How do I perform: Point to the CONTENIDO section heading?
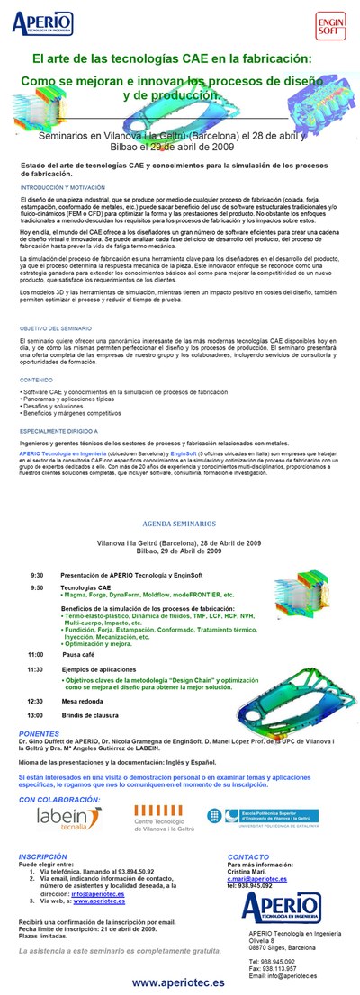coord(37,380)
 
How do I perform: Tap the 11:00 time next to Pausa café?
coord(36,654)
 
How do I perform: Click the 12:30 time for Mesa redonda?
coord(36,700)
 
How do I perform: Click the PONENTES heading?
coord(39,732)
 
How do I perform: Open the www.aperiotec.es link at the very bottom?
coord(178,982)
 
